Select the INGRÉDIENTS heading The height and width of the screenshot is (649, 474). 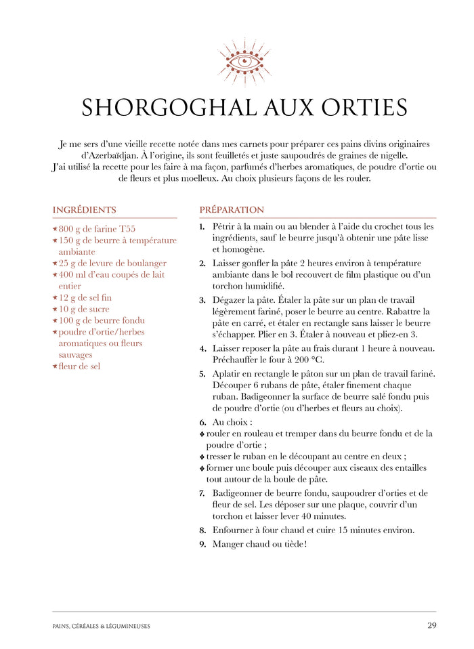(x=84, y=210)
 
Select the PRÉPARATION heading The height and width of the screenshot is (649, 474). (x=232, y=210)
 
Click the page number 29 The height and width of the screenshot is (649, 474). (x=431, y=625)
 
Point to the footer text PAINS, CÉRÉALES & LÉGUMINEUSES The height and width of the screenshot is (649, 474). (x=101, y=626)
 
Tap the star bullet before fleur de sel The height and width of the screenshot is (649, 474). (x=55, y=367)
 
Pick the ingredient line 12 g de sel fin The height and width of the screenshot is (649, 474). (x=85, y=298)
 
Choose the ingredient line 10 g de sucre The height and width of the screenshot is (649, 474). (x=85, y=310)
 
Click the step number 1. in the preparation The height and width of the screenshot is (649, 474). (x=202, y=226)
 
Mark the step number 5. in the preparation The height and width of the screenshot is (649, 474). (x=202, y=374)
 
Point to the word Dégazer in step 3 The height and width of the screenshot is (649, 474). (x=230, y=300)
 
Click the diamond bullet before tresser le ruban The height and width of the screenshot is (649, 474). (x=202, y=457)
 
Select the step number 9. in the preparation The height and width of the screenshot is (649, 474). (x=202, y=544)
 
